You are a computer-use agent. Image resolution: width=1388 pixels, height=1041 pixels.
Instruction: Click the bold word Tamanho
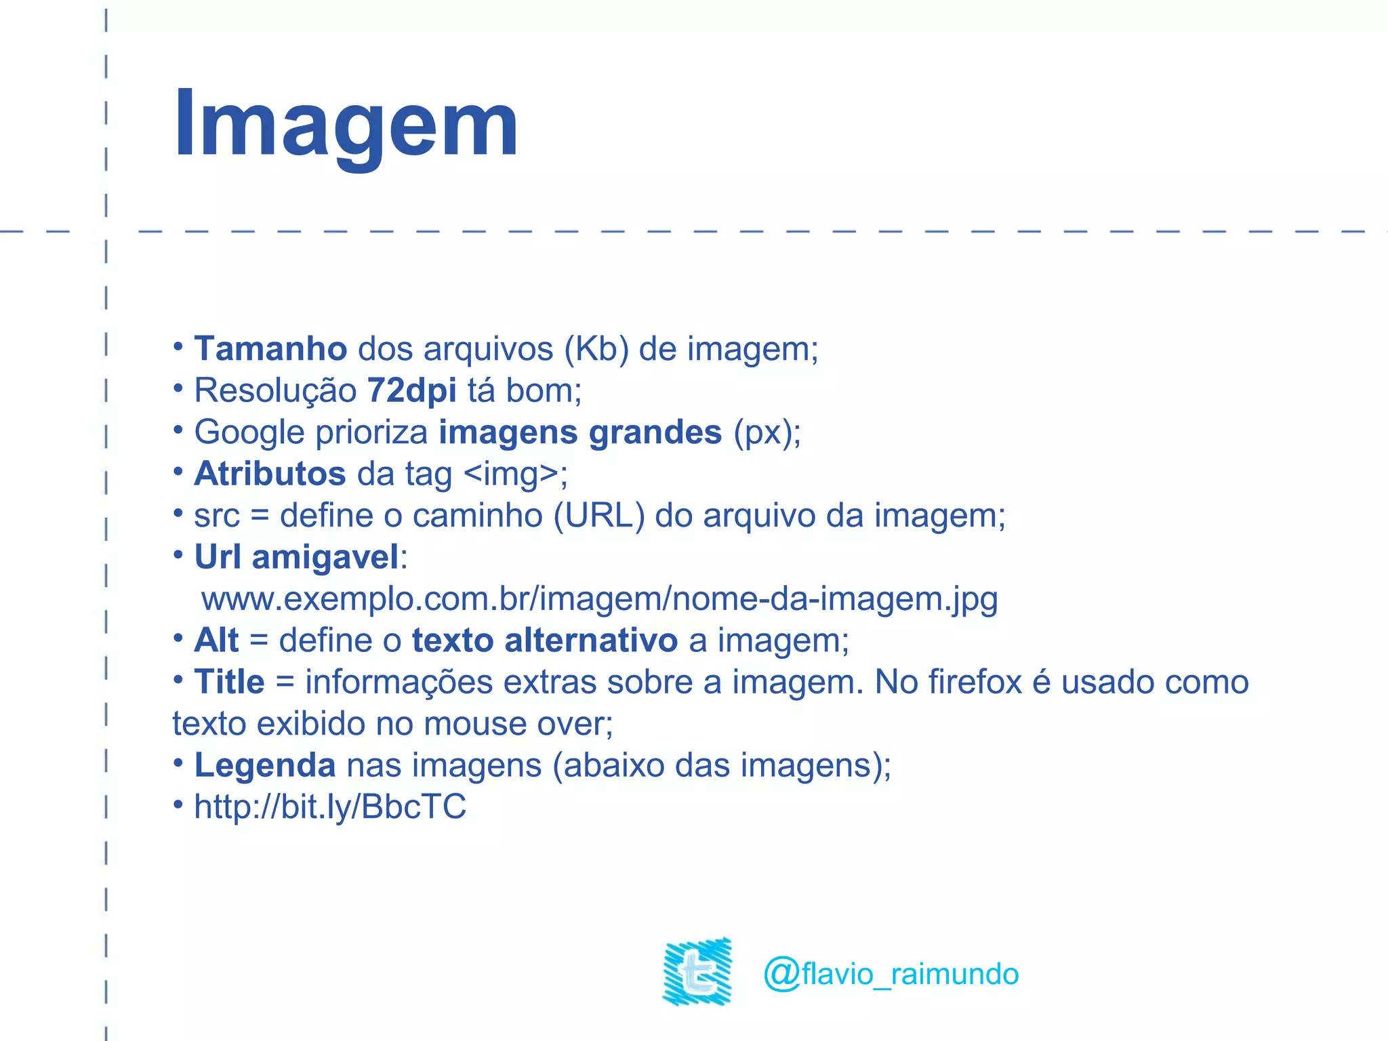pos(270,349)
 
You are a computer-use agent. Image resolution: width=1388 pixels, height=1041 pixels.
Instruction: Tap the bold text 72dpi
pos(411,391)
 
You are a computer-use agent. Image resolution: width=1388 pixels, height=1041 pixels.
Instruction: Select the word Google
pos(249,433)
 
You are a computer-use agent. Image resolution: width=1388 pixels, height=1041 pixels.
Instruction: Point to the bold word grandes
pos(655,432)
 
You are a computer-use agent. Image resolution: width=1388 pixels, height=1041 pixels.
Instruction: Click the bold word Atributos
pos(270,474)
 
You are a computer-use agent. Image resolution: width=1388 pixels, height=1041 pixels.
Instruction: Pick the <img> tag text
pos(512,474)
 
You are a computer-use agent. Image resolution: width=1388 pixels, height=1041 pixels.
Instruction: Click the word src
pos(217,516)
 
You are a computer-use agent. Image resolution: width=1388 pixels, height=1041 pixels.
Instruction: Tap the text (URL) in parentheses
pos(598,516)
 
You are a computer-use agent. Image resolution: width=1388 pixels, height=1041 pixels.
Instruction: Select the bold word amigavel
pos(325,557)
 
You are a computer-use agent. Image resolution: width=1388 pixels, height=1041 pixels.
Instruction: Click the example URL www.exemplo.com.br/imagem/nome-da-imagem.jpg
pos(599,599)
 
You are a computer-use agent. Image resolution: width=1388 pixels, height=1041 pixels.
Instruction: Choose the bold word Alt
pos(216,640)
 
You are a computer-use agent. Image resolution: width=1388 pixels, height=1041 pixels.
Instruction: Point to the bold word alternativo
pos(591,640)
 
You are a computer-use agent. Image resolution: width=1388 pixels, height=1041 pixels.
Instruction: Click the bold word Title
pos(229,682)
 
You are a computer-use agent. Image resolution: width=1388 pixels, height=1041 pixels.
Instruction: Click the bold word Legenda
pos(264,766)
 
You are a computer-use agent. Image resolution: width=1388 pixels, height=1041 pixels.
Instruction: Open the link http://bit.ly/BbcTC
pos(330,807)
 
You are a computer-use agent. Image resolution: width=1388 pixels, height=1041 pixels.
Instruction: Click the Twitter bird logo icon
pos(697,971)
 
